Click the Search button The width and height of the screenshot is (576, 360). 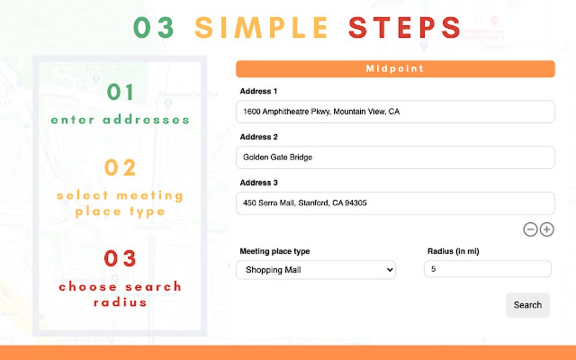click(x=527, y=305)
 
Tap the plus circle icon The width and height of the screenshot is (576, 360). click(x=547, y=229)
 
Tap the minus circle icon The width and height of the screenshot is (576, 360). click(x=530, y=229)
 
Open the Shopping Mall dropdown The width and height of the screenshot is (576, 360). click(x=316, y=270)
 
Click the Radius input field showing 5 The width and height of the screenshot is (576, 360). click(x=487, y=269)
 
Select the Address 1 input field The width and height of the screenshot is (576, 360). click(x=395, y=112)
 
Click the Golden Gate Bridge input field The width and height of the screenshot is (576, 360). click(x=395, y=157)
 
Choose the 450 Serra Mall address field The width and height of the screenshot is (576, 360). click(x=395, y=203)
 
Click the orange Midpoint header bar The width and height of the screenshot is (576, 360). click(x=395, y=69)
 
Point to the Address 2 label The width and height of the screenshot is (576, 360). click(x=259, y=137)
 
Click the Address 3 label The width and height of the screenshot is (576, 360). click(x=259, y=183)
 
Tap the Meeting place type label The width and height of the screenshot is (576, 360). click(x=275, y=251)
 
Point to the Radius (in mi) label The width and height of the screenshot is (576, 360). click(x=453, y=251)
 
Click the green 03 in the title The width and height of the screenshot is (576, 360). click(x=154, y=28)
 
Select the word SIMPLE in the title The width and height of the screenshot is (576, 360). click(x=261, y=28)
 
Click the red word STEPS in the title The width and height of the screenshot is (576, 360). click(x=404, y=28)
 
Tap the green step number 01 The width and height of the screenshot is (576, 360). click(x=120, y=92)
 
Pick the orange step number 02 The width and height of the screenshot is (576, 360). click(x=120, y=168)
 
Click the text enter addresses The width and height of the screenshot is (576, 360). click(x=120, y=120)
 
